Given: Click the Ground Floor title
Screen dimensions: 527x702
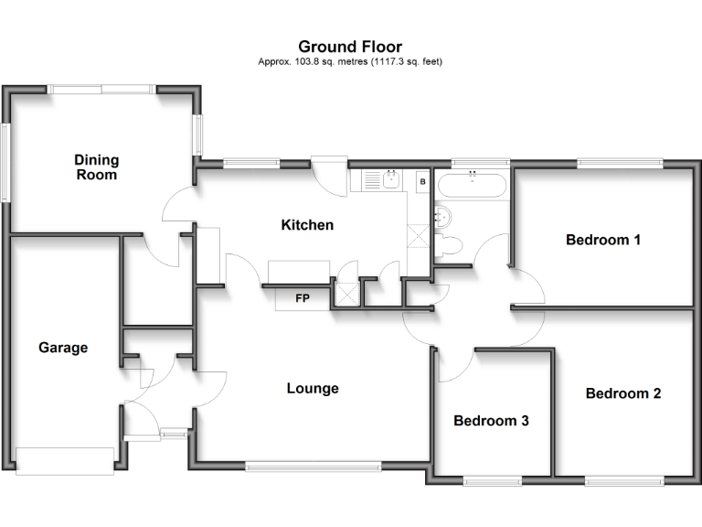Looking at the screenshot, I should [x=350, y=47].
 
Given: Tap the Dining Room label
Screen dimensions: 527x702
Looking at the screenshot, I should [x=97, y=167].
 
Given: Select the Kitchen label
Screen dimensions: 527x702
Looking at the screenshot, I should [x=307, y=224].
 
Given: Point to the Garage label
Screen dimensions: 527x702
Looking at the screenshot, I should [x=63, y=348].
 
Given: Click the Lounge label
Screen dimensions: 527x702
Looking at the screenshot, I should [x=313, y=388].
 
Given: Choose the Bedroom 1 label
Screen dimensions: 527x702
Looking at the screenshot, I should [x=603, y=240].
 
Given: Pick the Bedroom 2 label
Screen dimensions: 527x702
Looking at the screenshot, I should [x=623, y=393].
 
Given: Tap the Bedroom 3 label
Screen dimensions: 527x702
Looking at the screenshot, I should [x=492, y=421].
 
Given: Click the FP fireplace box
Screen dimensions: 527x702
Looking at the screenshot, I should [x=302, y=297].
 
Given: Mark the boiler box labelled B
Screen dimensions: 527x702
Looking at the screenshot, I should [x=422, y=182].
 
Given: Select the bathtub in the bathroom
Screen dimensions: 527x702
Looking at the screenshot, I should [x=472, y=186].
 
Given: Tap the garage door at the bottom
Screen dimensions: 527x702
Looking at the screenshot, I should [x=66, y=460].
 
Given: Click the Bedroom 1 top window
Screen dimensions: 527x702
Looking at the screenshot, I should [x=619, y=164].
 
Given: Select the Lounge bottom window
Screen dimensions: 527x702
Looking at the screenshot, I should [x=313, y=466].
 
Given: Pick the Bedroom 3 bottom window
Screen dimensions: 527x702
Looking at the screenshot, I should [x=492, y=480].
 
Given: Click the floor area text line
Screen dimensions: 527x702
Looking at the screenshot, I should [x=350, y=61].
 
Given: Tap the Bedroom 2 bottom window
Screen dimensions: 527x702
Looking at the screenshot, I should [x=623, y=480].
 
